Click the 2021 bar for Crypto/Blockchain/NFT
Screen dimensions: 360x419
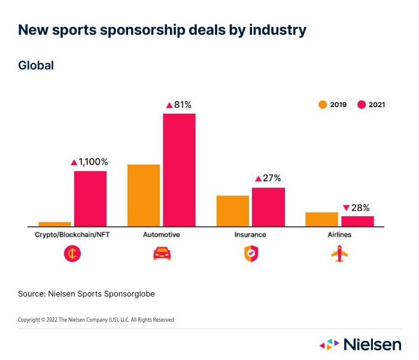tap(90, 198)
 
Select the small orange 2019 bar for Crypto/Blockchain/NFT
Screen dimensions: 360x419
tap(54, 224)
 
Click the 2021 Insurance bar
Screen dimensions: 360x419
tap(268, 207)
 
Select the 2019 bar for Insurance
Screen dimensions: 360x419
tap(233, 211)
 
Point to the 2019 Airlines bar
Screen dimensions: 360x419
tap(321, 219)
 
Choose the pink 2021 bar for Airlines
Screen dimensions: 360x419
tap(357, 221)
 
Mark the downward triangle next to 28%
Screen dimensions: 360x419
tap(346, 208)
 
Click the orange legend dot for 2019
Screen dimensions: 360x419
tap(323, 105)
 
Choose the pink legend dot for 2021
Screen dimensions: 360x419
tap(362, 105)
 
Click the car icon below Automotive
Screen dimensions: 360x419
tap(162, 254)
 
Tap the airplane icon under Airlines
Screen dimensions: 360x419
tap(339, 254)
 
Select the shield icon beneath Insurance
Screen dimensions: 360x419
tap(250, 254)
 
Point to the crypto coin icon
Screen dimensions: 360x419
tap(72, 254)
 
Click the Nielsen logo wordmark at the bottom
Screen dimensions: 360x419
tap(372, 344)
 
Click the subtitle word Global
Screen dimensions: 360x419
tap(36, 65)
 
